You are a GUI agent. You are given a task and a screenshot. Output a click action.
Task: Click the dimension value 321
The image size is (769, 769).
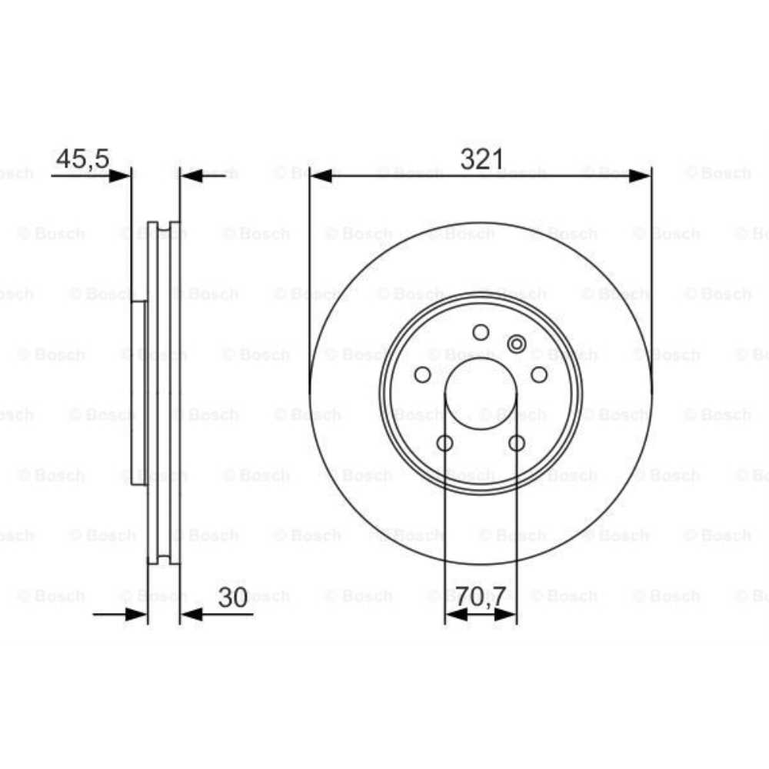[x=481, y=160]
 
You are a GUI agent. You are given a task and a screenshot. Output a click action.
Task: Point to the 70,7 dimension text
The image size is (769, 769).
[x=481, y=596]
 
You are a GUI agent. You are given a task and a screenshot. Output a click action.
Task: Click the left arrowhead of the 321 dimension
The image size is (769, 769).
[x=321, y=175]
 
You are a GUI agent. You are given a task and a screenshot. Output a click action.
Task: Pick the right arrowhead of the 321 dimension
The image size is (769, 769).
[x=640, y=175]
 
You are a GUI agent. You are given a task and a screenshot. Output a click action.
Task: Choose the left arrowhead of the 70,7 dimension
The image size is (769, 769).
[x=455, y=614]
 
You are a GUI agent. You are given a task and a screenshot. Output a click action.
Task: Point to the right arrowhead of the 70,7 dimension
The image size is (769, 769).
[x=506, y=614]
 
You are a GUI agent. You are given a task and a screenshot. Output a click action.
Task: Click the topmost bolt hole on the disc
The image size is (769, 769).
[x=481, y=332]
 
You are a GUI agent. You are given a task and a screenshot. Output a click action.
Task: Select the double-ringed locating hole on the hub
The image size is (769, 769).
[x=517, y=344]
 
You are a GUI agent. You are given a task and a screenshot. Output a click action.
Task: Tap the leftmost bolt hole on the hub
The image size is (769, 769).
[x=422, y=375]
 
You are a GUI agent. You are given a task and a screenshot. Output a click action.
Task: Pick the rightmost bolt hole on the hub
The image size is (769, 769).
[x=540, y=375]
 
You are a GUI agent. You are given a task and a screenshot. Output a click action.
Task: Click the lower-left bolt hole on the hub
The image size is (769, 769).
[x=444, y=443]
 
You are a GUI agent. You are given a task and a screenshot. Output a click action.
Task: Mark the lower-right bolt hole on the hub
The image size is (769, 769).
[x=517, y=443]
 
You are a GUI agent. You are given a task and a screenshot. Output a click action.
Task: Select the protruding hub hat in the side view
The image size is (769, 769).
[x=138, y=392]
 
